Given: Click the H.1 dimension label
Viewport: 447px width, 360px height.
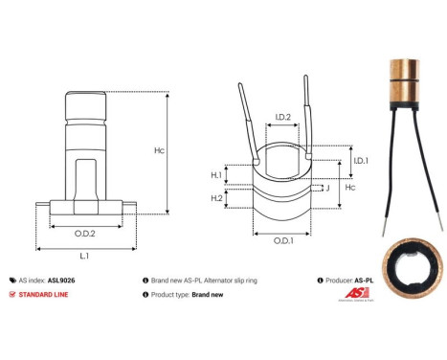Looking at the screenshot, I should tap(215, 175).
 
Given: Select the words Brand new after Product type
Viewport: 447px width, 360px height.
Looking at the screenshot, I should tap(209, 295).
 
